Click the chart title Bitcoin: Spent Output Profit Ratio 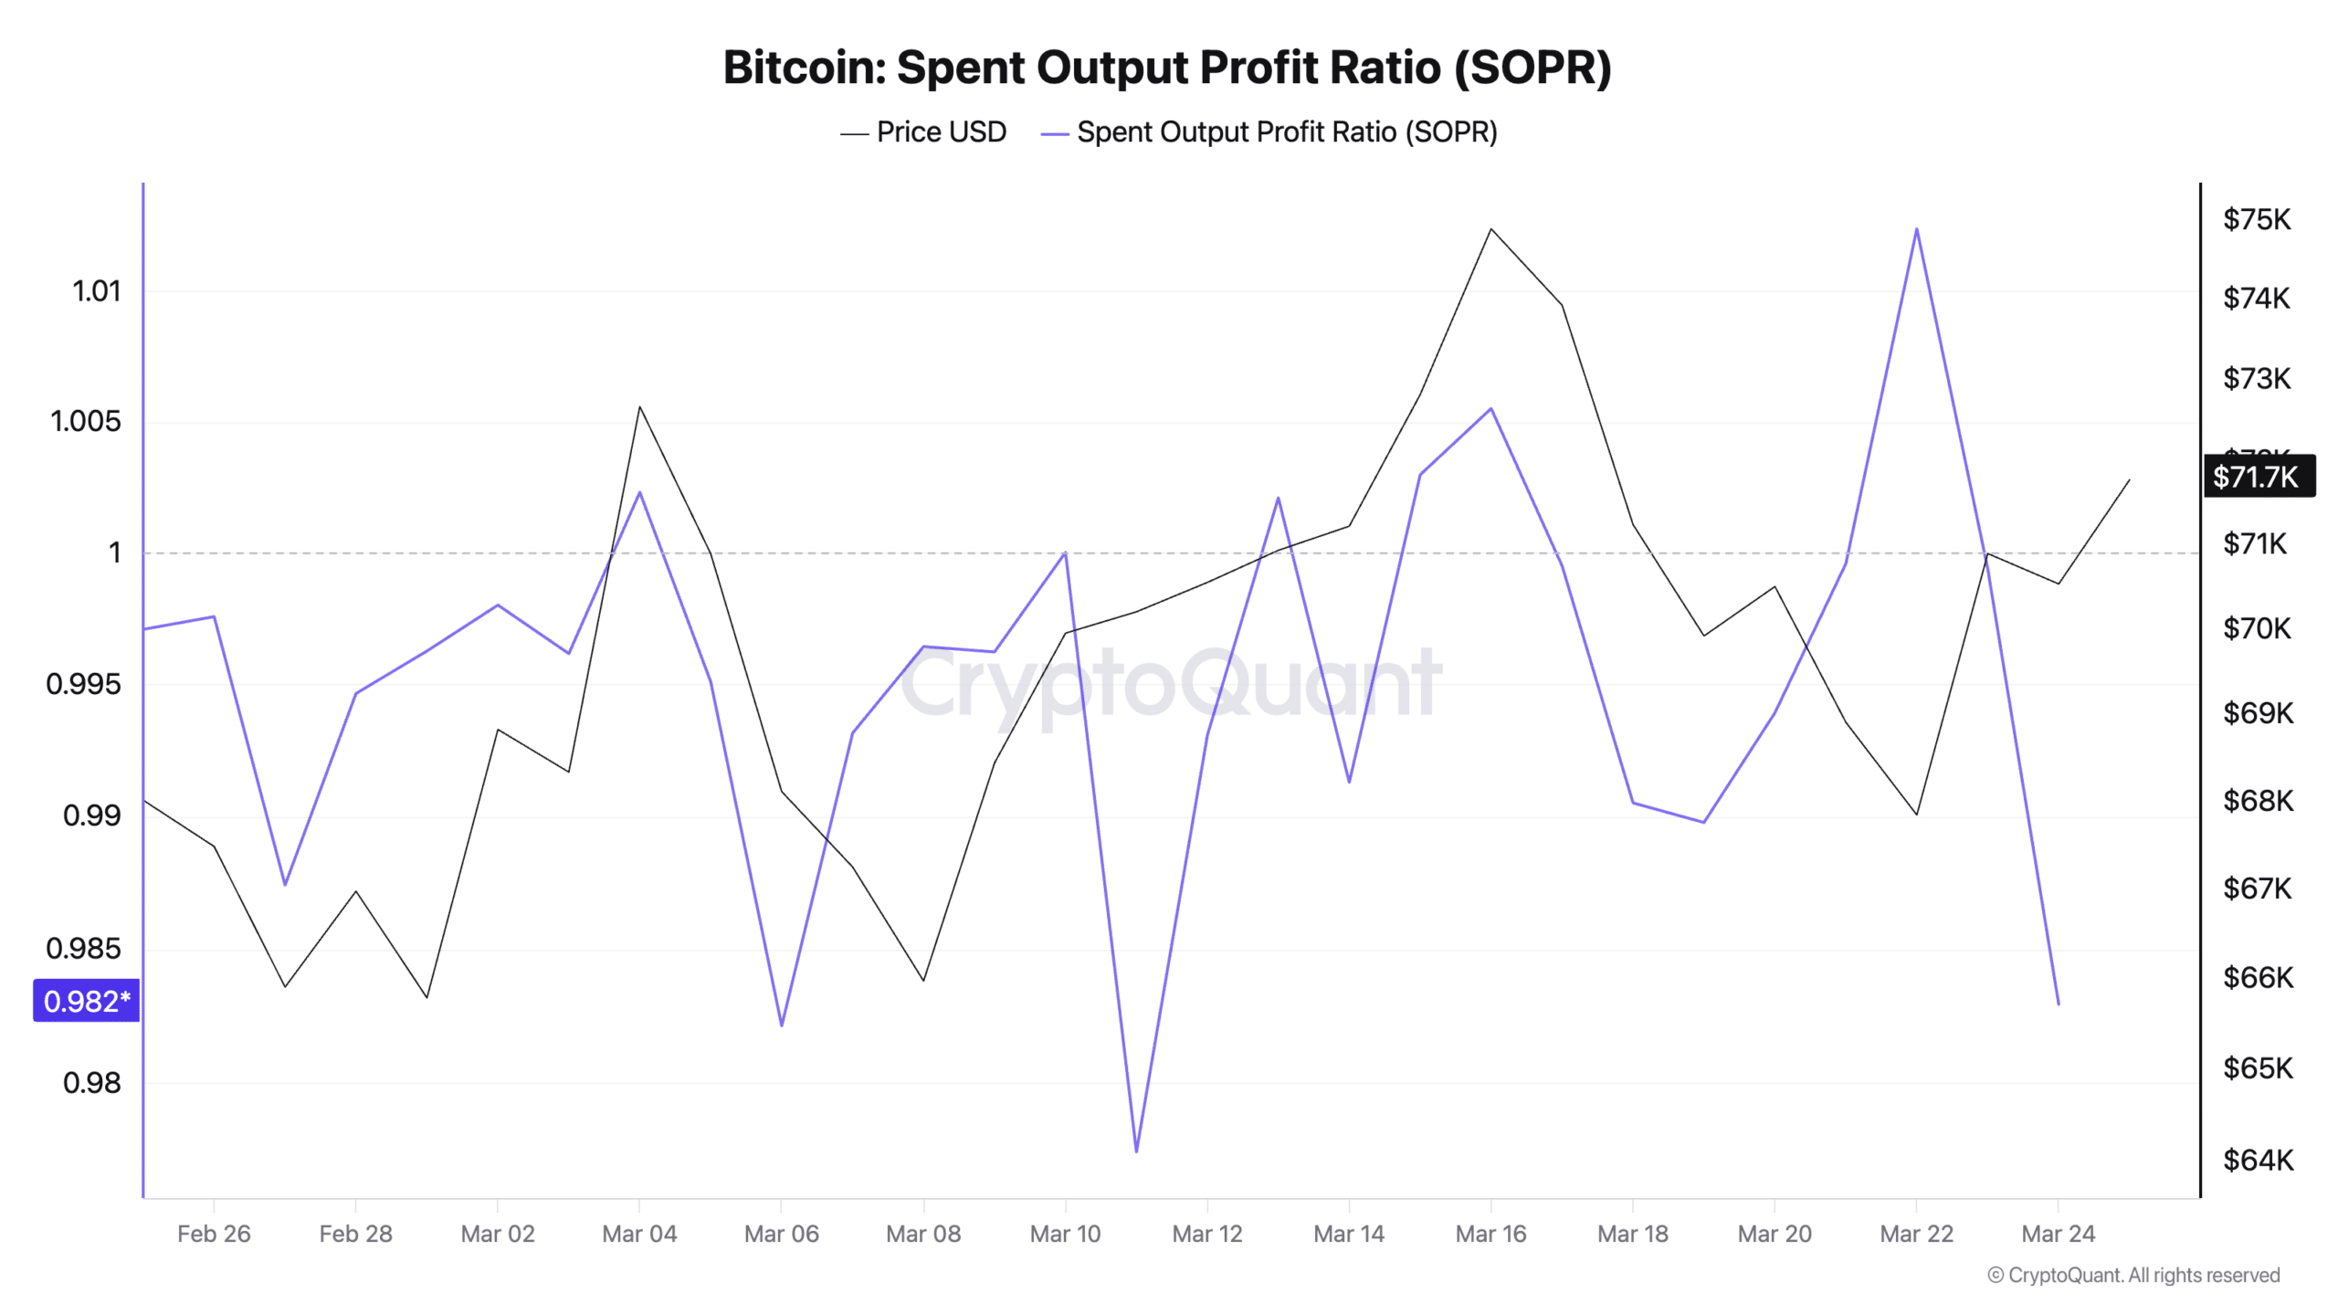click(x=1167, y=68)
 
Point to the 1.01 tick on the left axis click(x=96, y=291)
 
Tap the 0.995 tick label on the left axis click(x=83, y=684)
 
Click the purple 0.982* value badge click(x=87, y=1001)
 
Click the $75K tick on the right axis click(x=2256, y=219)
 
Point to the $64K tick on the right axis click(x=2258, y=1160)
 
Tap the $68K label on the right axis click(x=2258, y=801)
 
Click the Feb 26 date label click(x=214, y=1234)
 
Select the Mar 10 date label click(x=1065, y=1234)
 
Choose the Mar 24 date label click(x=2058, y=1234)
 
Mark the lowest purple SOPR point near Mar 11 click(x=1136, y=1151)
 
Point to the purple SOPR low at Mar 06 click(x=782, y=1025)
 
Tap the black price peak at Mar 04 click(x=639, y=406)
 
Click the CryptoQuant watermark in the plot click(x=1171, y=683)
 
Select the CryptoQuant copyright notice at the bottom click(x=2133, y=1275)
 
